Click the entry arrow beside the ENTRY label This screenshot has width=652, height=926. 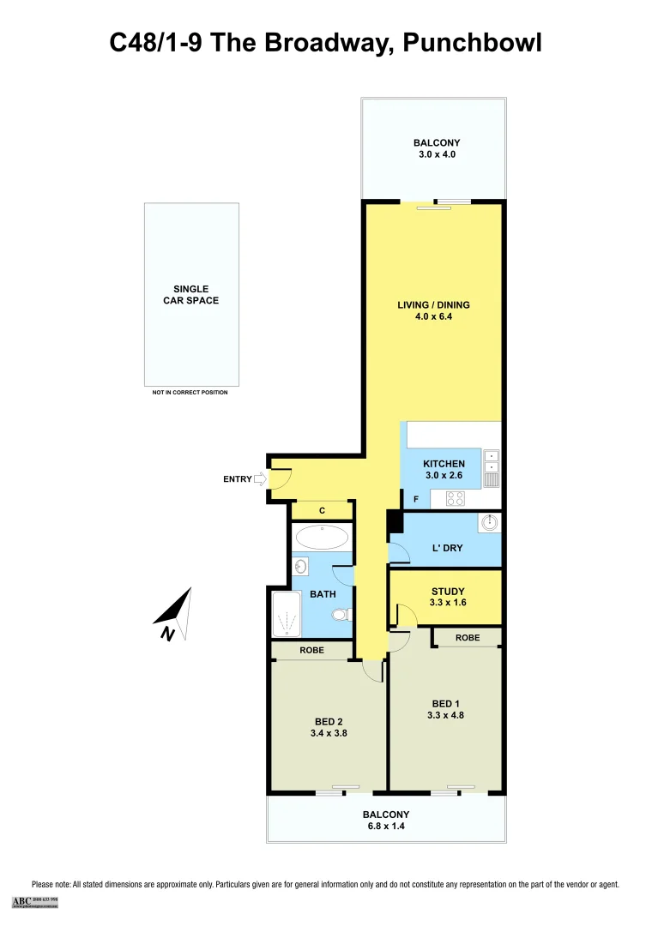pyautogui.click(x=260, y=480)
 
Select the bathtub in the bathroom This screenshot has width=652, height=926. pyautogui.click(x=321, y=538)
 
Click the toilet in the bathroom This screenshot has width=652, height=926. pyautogui.click(x=341, y=615)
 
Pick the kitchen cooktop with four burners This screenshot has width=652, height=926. pyautogui.click(x=456, y=497)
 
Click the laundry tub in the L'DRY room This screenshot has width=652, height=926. pyautogui.click(x=488, y=523)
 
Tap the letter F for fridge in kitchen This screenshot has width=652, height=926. pyautogui.click(x=416, y=499)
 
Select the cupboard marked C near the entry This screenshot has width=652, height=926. pyautogui.click(x=322, y=511)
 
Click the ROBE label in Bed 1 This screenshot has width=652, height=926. pyautogui.click(x=468, y=638)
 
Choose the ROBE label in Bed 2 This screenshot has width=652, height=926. pyautogui.click(x=311, y=651)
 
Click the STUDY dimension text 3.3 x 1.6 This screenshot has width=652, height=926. pyautogui.click(x=447, y=604)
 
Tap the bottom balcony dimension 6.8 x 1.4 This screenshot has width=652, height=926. pyautogui.click(x=385, y=827)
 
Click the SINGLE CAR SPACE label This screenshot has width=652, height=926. pyautogui.click(x=191, y=295)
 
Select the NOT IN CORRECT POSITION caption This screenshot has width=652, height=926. pyautogui.click(x=190, y=392)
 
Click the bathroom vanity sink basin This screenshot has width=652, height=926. pyautogui.click(x=301, y=566)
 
